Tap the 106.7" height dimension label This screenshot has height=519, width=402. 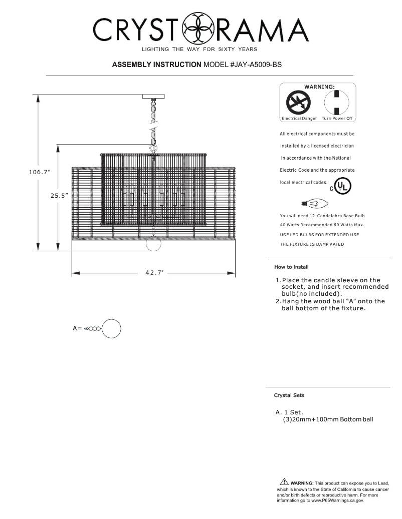tap(39, 172)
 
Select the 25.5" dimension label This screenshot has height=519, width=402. tap(59, 196)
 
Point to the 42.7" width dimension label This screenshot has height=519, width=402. tap(154, 273)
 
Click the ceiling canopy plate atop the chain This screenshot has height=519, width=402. tap(153, 97)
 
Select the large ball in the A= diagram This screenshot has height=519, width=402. tap(112, 329)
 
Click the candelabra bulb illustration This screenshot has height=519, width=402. tap(314, 204)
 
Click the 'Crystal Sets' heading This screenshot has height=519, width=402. tap(289, 395)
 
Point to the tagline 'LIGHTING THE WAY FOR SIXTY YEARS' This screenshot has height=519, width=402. tap(200, 49)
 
